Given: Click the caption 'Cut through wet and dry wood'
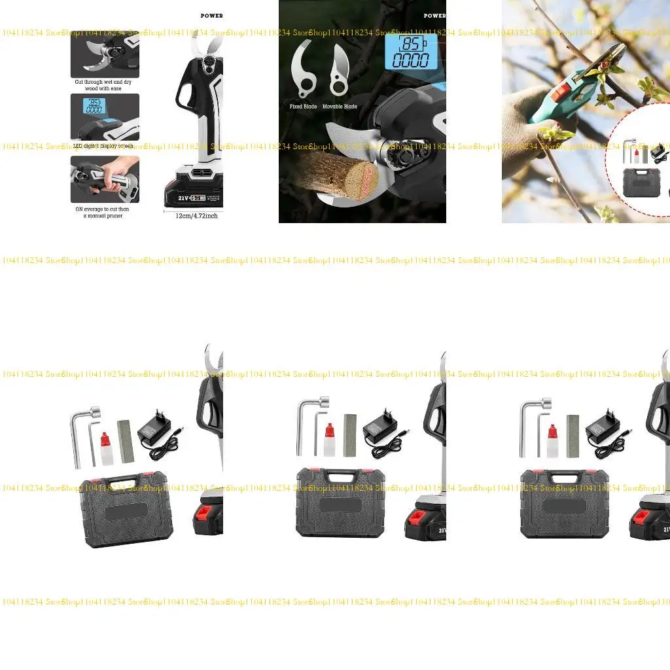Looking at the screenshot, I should point(105,85).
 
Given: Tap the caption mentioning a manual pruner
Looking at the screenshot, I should point(105,212).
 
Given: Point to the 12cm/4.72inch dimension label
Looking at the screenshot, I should point(196,215).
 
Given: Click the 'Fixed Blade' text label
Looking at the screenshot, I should point(303,106).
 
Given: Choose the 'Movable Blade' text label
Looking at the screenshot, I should point(340,106).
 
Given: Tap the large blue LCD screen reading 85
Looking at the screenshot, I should point(410,52).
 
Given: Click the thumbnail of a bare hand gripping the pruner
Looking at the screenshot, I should point(105,179).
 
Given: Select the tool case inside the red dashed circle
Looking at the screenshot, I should point(641,181).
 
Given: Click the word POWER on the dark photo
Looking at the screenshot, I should point(434,16).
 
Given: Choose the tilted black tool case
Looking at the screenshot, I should point(126,510).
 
